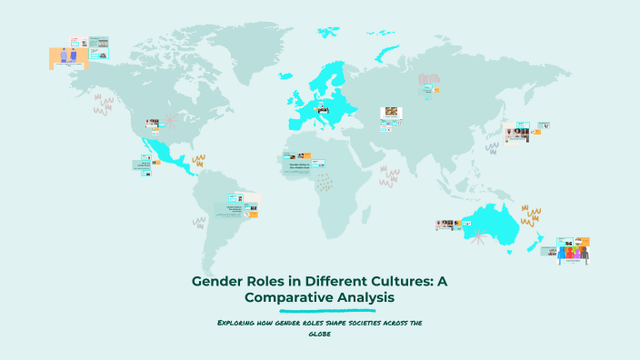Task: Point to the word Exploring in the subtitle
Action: [239, 323]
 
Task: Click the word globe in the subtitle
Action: [319, 334]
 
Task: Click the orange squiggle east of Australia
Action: [531, 216]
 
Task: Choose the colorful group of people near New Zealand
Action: [573, 253]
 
